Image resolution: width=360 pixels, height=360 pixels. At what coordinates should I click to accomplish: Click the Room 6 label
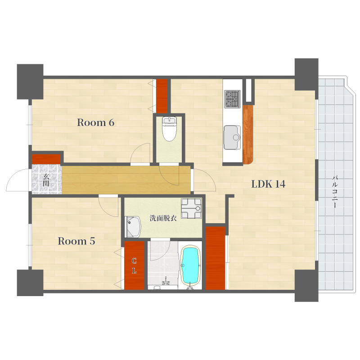coord(95,122)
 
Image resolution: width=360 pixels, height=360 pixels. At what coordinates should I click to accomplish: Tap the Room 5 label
coord(76,241)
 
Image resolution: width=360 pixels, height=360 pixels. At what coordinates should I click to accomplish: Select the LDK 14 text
coord(268,184)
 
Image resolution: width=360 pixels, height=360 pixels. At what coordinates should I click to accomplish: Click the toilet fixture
coord(169,129)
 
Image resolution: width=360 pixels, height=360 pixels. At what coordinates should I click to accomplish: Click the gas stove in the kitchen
coord(232,99)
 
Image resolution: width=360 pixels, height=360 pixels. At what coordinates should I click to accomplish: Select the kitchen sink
coord(232,137)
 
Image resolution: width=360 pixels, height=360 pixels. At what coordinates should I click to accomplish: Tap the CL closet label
coord(134,265)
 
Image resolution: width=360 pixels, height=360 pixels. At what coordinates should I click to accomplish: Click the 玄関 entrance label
coord(46,180)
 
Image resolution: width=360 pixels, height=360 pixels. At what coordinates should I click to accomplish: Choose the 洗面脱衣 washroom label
coord(163,218)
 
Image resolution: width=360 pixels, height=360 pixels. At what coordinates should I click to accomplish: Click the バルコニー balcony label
coord(334,192)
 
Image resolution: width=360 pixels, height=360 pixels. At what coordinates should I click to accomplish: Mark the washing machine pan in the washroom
coord(191,208)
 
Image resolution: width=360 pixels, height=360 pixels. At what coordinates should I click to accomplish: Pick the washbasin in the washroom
coord(133,227)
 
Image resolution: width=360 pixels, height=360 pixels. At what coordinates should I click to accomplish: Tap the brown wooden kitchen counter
coord(248,134)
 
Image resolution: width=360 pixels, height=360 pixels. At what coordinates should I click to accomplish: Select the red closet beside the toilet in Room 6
coord(162,96)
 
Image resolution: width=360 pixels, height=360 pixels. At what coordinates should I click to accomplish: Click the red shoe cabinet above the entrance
coord(46,159)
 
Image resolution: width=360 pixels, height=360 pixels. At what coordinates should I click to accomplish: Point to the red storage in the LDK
coord(215,258)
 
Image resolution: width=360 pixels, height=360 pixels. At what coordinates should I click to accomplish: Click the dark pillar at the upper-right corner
coord(306,74)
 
